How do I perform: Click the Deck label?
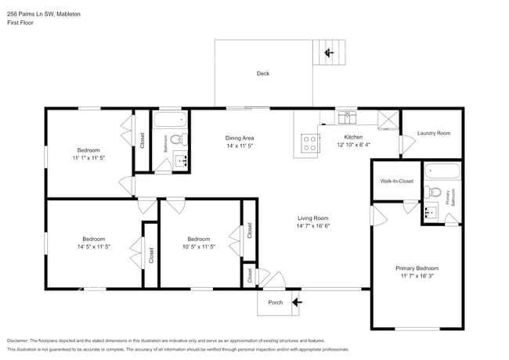click(x=263, y=74)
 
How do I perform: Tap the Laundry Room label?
click(x=433, y=133)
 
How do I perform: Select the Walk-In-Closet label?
click(x=396, y=181)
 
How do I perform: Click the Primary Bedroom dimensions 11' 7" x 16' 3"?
click(x=417, y=275)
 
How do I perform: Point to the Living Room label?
click(x=312, y=218)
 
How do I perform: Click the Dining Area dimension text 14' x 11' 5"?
click(x=240, y=146)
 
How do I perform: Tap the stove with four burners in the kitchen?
click(x=310, y=143)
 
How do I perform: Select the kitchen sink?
click(x=347, y=117)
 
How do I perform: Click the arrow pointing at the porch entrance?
click(x=296, y=301)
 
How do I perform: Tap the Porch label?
click(x=276, y=302)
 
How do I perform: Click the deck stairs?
click(x=334, y=53)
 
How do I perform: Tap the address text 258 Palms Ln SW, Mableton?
click(x=43, y=14)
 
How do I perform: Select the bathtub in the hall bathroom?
click(x=171, y=121)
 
